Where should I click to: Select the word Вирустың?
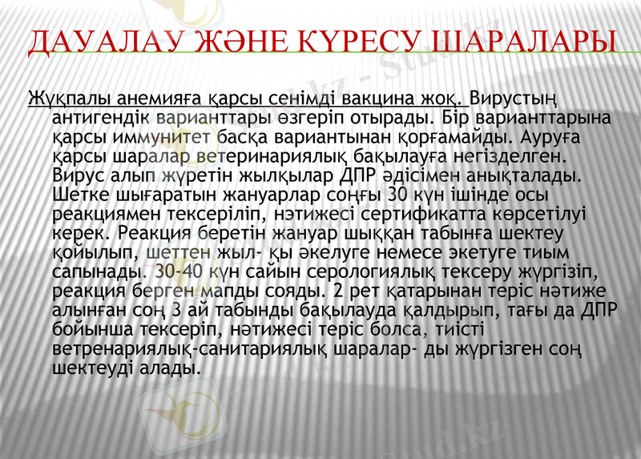513,99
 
